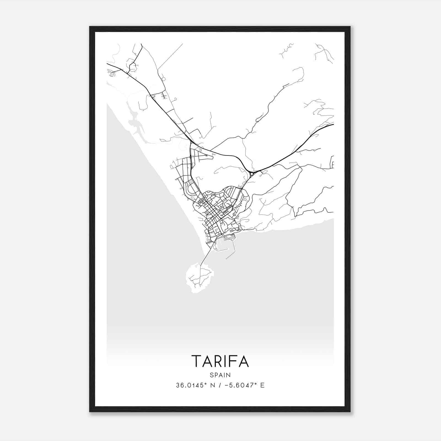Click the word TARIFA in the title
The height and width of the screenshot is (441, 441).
point(220,361)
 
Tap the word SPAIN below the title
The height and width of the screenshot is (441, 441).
point(220,375)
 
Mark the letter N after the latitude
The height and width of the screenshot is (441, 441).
point(212,385)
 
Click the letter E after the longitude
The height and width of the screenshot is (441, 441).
point(262,385)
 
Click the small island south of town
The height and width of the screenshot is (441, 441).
point(199,278)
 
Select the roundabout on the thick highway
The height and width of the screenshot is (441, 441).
point(252,173)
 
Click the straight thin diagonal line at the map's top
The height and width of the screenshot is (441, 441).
point(170,56)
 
